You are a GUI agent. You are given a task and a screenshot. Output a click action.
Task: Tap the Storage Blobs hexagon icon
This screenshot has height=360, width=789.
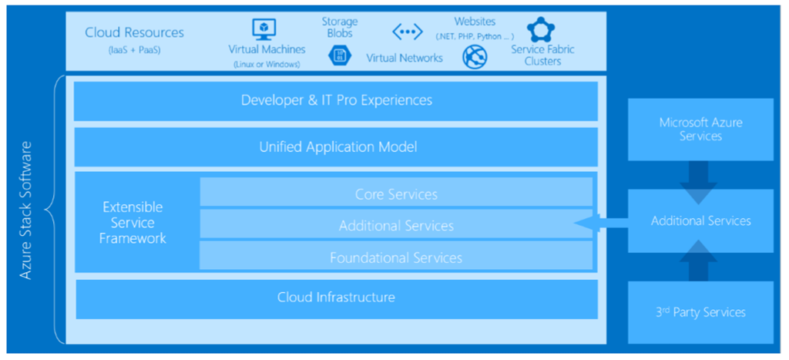coord(339,55)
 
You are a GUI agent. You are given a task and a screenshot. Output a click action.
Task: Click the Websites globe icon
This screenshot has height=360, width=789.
coord(474,56)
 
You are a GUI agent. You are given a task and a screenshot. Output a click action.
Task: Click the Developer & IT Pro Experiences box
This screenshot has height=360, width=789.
coord(336,100)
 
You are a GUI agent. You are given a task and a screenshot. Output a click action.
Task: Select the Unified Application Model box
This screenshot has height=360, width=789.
coord(336,146)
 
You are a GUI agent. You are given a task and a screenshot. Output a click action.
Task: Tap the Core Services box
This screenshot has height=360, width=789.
coord(396,193)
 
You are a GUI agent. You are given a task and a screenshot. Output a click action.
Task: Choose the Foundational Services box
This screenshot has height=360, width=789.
coord(396,257)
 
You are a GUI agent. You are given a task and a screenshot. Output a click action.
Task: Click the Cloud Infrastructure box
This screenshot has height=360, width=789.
coord(336,297)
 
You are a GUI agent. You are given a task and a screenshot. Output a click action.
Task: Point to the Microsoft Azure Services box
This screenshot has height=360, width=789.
coord(700,129)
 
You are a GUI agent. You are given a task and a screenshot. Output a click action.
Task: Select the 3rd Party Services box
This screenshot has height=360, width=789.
coord(700,312)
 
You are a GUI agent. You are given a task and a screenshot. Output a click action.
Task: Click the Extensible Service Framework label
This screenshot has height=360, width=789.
coord(133,223)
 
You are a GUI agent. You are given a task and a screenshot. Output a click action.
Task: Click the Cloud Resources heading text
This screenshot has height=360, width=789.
coord(134,32)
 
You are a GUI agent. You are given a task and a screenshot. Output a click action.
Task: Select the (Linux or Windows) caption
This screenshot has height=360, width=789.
coord(266,64)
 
